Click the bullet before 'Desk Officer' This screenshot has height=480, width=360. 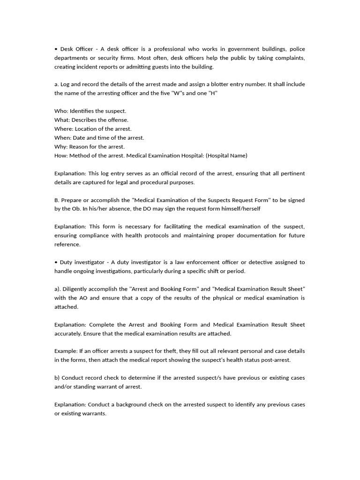56,49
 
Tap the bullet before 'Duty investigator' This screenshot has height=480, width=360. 56,262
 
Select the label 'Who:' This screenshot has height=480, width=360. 61,111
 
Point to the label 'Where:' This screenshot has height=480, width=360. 64,129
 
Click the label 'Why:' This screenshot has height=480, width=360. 61,147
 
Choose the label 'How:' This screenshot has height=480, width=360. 61,156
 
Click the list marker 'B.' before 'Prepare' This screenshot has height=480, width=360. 57,200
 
